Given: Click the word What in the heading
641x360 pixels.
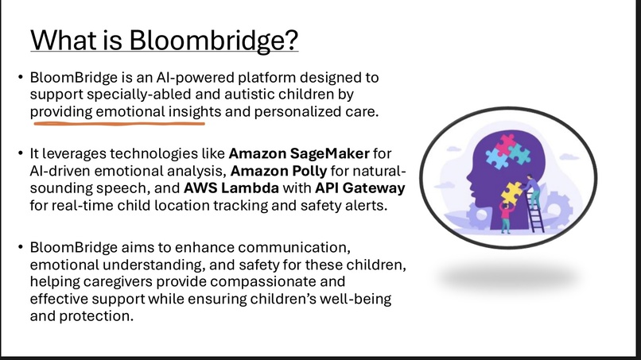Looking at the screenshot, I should pos(65,39).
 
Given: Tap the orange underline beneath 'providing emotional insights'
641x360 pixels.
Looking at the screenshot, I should pos(118,123).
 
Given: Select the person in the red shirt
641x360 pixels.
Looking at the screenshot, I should pos(505,214).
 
